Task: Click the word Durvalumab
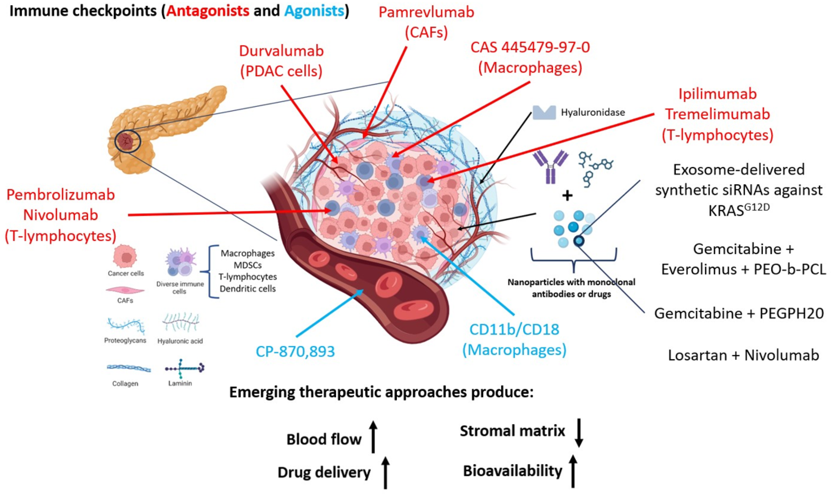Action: [281, 51]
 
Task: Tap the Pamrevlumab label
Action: [426, 12]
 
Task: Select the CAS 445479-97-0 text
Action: [530, 47]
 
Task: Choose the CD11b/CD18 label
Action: [514, 329]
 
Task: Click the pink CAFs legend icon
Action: [125, 290]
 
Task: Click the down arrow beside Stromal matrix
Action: [579, 433]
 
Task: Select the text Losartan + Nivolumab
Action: [744, 355]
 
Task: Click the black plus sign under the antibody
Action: [567, 196]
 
